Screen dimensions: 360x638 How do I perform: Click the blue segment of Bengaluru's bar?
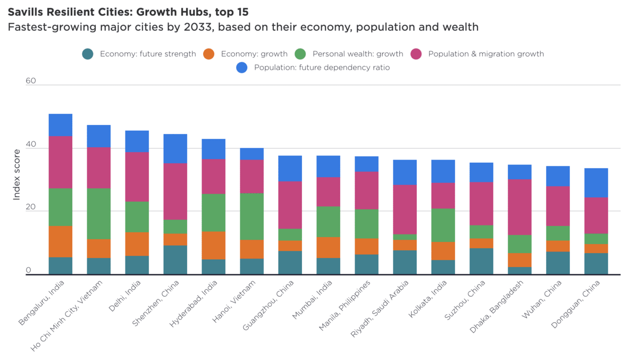click(x=60, y=125)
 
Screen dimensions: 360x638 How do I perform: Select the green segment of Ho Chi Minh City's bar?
click(x=98, y=214)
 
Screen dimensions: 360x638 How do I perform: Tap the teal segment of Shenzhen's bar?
click(x=175, y=259)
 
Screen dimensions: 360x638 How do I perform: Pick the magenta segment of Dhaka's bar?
click(x=519, y=207)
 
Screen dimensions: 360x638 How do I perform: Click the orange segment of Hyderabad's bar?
click(x=213, y=245)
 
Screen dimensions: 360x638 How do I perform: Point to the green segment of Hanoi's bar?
click(x=251, y=216)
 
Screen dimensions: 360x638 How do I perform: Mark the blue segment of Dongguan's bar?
click(x=596, y=183)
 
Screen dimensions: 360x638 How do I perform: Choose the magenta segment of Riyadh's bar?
click(x=405, y=210)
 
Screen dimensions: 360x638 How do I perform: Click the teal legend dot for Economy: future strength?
click(x=88, y=54)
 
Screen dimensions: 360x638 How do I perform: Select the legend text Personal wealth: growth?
click(x=357, y=54)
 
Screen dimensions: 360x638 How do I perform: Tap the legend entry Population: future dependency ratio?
click(x=322, y=68)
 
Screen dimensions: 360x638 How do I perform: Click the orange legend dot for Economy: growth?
click(x=209, y=54)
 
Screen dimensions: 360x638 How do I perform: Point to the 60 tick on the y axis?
click(x=31, y=81)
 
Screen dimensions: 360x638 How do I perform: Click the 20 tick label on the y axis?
click(x=31, y=207)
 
